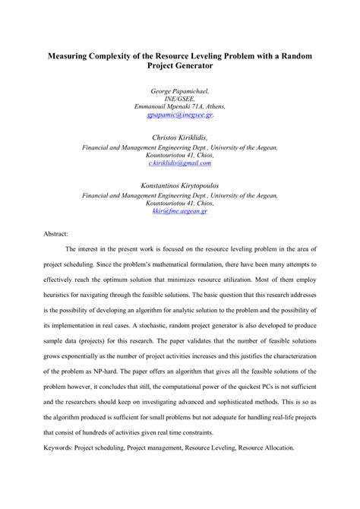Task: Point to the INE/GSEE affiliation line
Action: point(179,99)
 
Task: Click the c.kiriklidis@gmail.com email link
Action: point(179,163)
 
